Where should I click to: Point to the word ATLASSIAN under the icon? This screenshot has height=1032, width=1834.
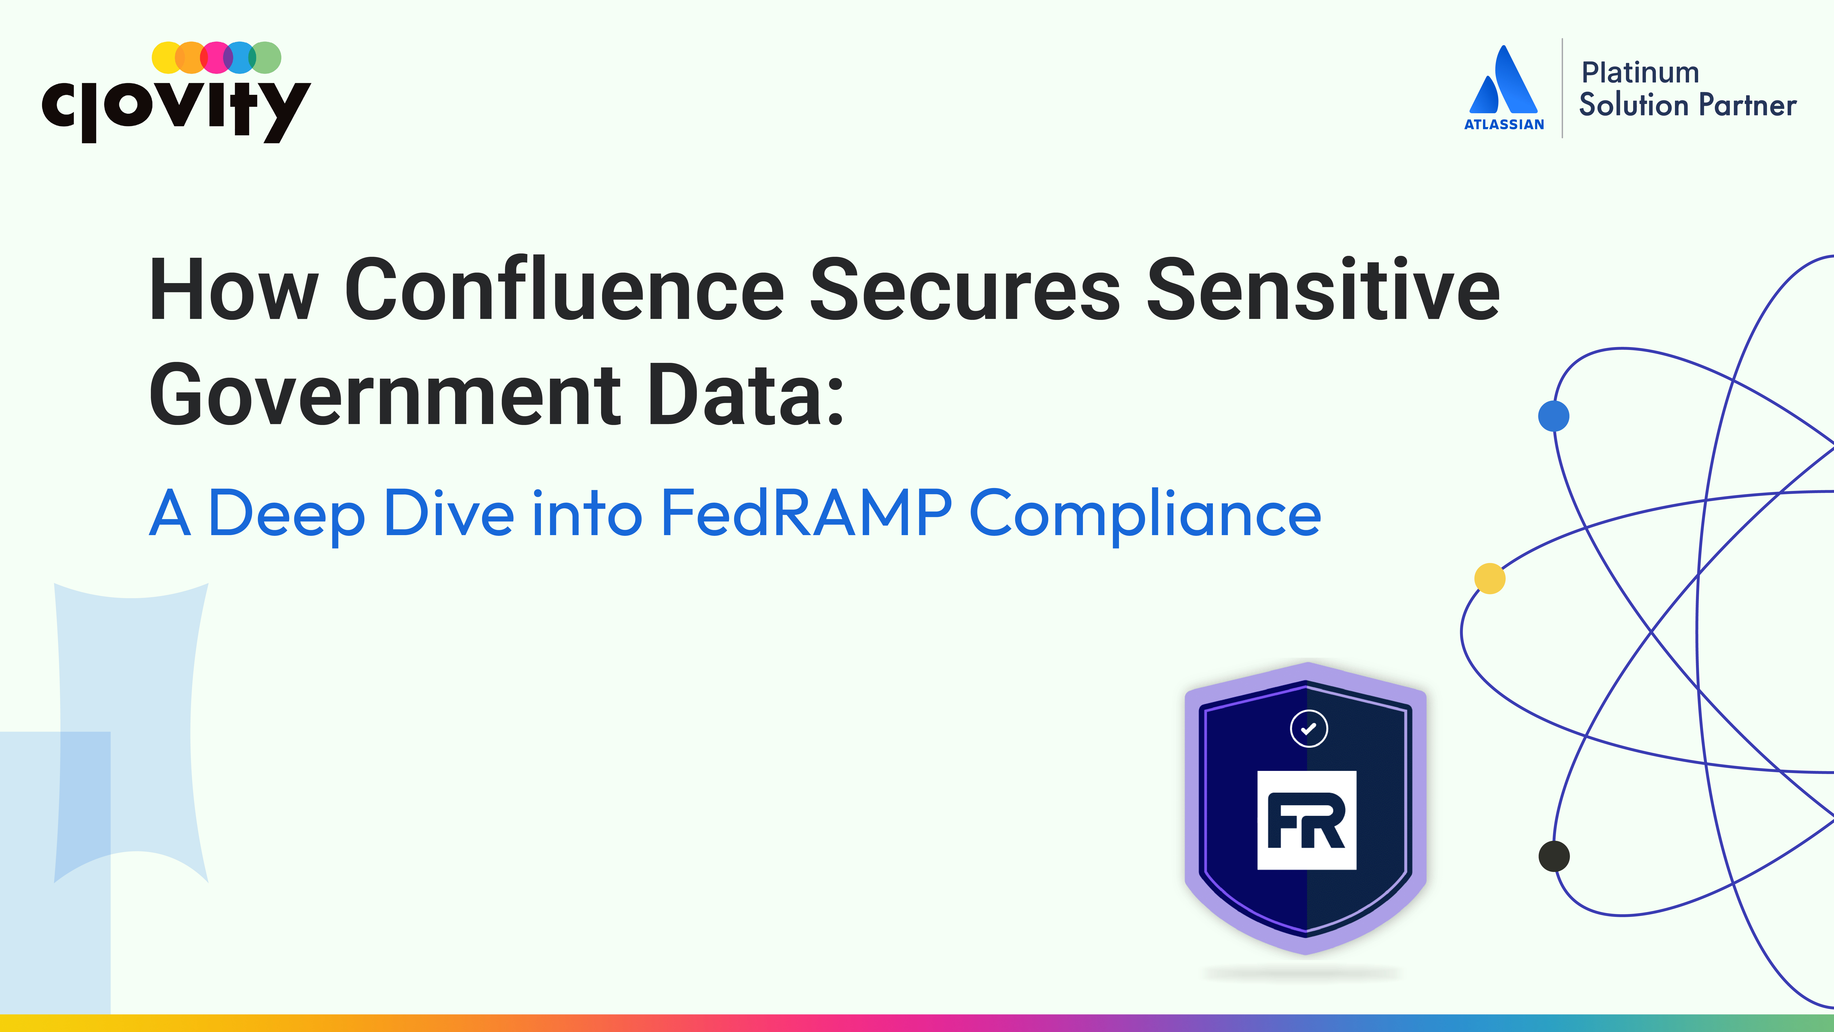[x=1504, y=124]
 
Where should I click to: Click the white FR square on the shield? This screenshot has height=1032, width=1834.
[x=1306, y=820]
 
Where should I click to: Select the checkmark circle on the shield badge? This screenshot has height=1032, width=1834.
[x=1309, y=729]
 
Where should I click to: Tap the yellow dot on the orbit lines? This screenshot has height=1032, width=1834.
[x=1489, y=578]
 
